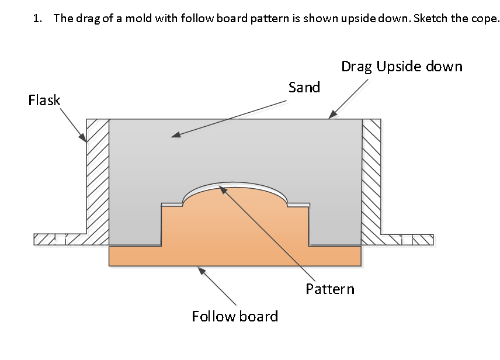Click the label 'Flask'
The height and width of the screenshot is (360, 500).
click(44, 101)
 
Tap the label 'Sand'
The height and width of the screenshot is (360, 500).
click(304, 88)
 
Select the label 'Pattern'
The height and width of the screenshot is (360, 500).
click(330, 289)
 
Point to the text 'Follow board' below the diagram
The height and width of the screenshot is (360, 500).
click(235, 317)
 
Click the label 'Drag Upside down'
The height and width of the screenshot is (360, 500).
click(402, 66)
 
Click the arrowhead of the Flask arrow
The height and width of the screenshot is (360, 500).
click(85, 140)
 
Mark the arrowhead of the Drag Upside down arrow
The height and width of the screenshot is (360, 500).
click(331, 116)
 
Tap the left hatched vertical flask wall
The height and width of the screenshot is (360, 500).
click(98, 181)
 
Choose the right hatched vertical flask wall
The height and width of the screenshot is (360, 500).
click(371, 181)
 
